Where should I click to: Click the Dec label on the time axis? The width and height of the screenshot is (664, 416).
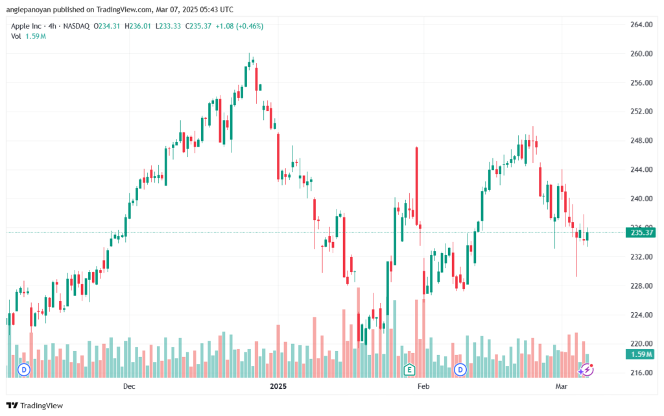click(128, 387)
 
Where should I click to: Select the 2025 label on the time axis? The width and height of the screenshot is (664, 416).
click(278, 387)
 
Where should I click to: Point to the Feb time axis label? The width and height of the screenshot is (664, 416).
click(423, 387)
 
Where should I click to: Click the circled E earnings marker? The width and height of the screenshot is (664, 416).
click(409, 370)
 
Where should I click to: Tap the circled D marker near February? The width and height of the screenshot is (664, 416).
click(461, 370)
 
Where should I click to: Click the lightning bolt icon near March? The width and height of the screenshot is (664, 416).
click(587, 369)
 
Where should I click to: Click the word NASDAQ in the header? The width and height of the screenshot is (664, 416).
click(75, 26)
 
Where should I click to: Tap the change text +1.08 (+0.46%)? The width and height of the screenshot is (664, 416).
click(241, 26)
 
